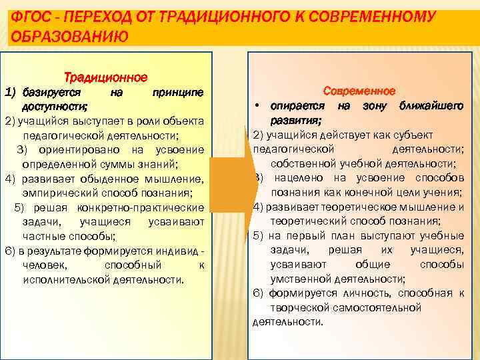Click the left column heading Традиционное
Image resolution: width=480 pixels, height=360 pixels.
105,78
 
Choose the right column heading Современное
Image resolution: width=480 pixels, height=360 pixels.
359,91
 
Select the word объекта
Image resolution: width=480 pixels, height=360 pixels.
182,121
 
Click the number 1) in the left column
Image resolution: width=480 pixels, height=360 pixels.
10,91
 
